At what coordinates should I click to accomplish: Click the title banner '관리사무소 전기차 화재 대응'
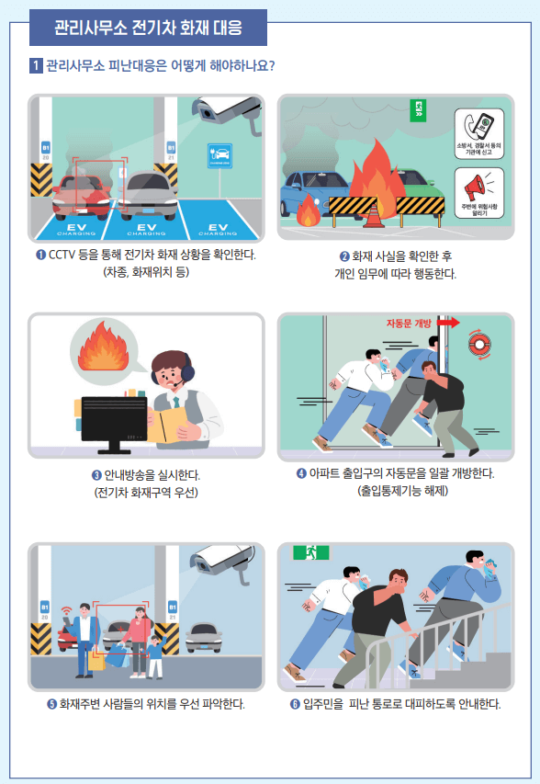pos(148,28)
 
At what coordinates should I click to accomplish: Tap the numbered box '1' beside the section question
pos(35,66)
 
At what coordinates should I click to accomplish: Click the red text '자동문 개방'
pos(409,324)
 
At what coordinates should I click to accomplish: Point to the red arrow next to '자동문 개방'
pos(448,324)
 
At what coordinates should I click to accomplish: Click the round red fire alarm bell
pos(480,343)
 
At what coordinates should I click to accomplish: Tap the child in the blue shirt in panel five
pos(154,653)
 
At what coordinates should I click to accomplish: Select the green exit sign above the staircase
pos(311,552)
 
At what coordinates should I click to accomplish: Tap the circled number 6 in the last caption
pos(295,705)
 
